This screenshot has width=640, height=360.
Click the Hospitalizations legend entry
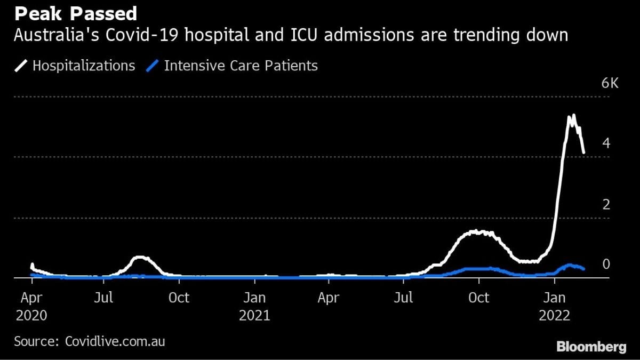point(83,66)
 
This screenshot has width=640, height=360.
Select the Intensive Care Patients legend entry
point(241,66)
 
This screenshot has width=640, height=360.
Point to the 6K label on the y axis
point(610,84)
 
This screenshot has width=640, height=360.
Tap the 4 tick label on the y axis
point(606,143)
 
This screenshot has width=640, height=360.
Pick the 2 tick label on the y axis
point(606,204)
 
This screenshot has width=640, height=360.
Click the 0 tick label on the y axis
point(606,265)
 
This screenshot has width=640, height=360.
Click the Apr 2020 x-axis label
point(31,306)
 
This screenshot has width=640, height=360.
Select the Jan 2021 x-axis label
point(254,306)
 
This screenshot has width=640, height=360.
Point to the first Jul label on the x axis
point(103,298)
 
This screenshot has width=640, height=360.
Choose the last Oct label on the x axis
point(478,298)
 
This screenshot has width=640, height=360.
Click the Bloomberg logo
point(591,347)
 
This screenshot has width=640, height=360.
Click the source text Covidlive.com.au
point(115,341)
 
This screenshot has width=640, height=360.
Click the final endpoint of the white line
point(584,153)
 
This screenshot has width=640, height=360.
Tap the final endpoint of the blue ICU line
point(584,269)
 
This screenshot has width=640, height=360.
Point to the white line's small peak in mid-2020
point(140,258)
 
